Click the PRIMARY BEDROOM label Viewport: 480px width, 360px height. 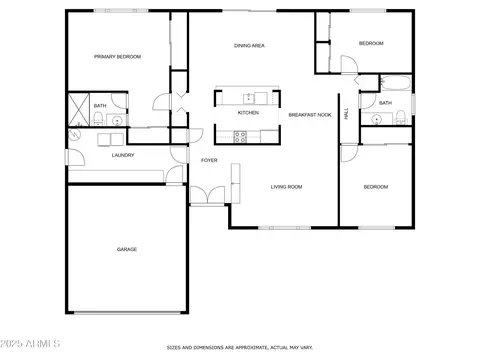[117, 57]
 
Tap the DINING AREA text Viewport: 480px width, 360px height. [249, 46]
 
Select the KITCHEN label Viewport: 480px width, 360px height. [248, 113]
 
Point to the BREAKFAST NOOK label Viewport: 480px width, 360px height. [310, 115]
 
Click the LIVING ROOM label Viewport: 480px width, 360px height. [288, 187]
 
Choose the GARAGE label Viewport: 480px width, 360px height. [127, 249]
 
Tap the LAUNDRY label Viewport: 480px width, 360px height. [123, 155]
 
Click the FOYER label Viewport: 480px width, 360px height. [209, 160]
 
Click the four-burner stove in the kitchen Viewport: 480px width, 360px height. [240, 137]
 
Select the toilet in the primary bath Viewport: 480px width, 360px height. [97, 121]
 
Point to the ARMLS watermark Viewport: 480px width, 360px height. [34, 343]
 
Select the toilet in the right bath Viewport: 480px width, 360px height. [399, 119]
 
